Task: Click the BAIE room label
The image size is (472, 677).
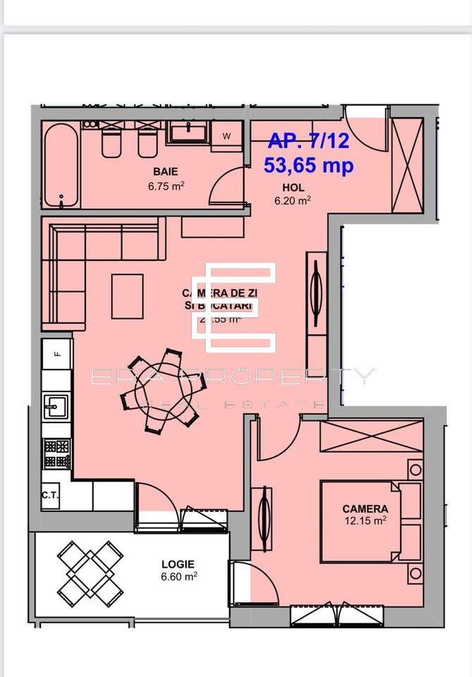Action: tap(166, 171)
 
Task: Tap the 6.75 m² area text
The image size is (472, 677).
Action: tap(166, 188)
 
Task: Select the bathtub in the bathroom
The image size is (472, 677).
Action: tap(61, 166)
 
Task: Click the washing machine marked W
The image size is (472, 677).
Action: tap(227, 135)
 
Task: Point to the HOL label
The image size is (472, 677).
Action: tap(293, 188)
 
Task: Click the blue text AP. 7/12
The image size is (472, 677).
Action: tap(309, 141)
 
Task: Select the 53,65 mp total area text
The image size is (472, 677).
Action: tap(309, 166)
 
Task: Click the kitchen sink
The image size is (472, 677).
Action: tap(55, 406)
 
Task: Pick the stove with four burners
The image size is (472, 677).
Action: tap(57, 453)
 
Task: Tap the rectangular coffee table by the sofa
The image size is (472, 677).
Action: tap(127, 296)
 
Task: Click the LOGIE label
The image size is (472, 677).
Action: tap(178, 564)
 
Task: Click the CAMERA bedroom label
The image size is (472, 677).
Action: tap(365, 508)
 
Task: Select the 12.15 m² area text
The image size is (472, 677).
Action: tap(366, 521)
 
